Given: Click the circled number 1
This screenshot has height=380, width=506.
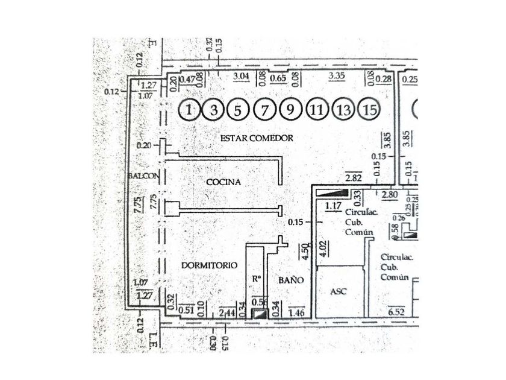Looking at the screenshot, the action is (190, 110).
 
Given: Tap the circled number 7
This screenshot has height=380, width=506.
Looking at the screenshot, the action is (264, 110).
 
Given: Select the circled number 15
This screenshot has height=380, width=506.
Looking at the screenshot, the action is (369, 110).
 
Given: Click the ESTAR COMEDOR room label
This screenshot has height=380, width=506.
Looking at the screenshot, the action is (257, 138).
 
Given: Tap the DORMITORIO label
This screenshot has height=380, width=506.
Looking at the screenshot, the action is (209, 265).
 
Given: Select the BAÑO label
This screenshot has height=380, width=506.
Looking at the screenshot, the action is (290, 280).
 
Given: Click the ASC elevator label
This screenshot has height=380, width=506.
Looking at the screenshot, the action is (339, 291).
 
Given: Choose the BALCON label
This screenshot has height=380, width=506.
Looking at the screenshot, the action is (143, 176).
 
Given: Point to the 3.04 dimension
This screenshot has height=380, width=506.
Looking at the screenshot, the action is (241, 76).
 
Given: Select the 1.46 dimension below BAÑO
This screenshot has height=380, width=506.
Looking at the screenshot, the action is (297, 312).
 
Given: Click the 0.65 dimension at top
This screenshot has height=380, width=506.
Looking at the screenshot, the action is (278, 77).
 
